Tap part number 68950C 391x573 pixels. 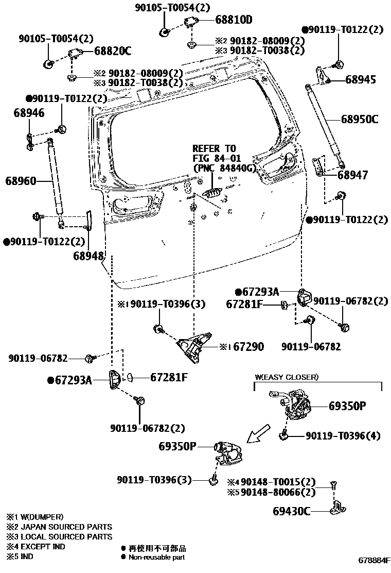pos(359,120)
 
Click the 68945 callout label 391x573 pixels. pos(360,80)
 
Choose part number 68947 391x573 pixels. pos(352,175)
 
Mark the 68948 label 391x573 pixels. pos(88,256)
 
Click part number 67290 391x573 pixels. pos(248,347)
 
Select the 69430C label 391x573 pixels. pos(291,511)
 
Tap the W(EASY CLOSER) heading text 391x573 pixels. pos(287,377)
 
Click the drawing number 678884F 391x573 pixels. pos(375,560)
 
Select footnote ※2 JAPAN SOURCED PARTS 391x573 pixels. pos(59,527)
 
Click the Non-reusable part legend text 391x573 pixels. pos(156,557)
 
